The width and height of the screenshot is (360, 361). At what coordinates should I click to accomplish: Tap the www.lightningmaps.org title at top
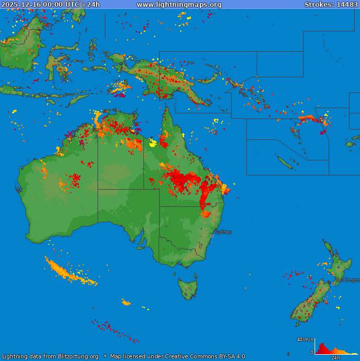[179, 5]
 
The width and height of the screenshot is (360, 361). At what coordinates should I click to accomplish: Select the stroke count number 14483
[347, 5]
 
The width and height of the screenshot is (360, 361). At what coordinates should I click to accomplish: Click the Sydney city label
[223, 232]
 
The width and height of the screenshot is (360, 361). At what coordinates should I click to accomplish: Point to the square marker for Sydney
[212, 236]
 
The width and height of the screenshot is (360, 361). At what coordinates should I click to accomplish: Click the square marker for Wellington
[333, 284]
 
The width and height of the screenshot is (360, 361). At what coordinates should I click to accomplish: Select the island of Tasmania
[188, 288]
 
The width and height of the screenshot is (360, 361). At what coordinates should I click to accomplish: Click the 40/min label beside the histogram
[305, 340]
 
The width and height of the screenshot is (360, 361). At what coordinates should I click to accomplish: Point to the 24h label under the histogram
[335, 358]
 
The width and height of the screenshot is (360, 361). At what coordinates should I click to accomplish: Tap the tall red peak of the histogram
[322, 347]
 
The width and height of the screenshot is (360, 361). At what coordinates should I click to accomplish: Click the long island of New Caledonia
[284, 162]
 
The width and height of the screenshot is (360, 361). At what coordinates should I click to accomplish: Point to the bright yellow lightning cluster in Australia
[153, 143]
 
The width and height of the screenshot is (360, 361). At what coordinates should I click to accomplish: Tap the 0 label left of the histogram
[312, 353]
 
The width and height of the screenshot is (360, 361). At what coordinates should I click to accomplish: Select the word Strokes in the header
[319, 5]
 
